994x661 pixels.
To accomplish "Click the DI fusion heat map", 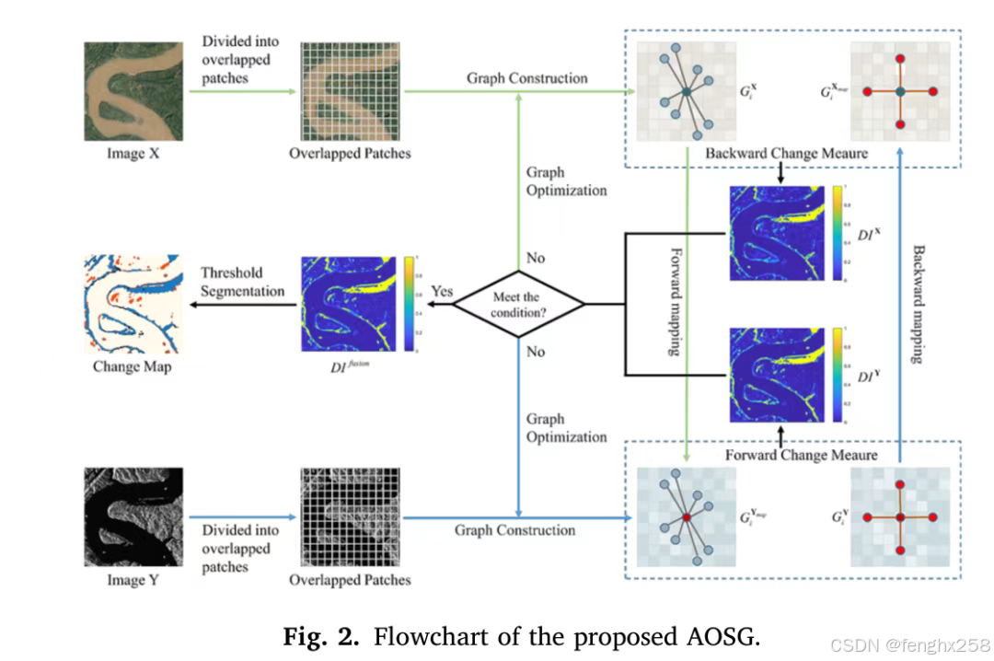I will point(350,304).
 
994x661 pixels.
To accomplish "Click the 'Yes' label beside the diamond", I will point(442,291).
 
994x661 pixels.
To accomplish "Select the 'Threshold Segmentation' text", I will point(242,282).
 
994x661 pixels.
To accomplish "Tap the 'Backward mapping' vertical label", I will point(917,303).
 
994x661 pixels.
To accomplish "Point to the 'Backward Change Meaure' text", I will point(786,153).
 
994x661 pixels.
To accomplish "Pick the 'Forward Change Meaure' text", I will point(801,454).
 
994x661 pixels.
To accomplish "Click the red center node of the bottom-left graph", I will point(685,519).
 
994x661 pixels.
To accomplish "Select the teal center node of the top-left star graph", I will point(686,91).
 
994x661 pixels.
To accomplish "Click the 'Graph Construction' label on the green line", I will point(526,78).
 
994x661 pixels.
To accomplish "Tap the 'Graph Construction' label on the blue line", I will point(514,530).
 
